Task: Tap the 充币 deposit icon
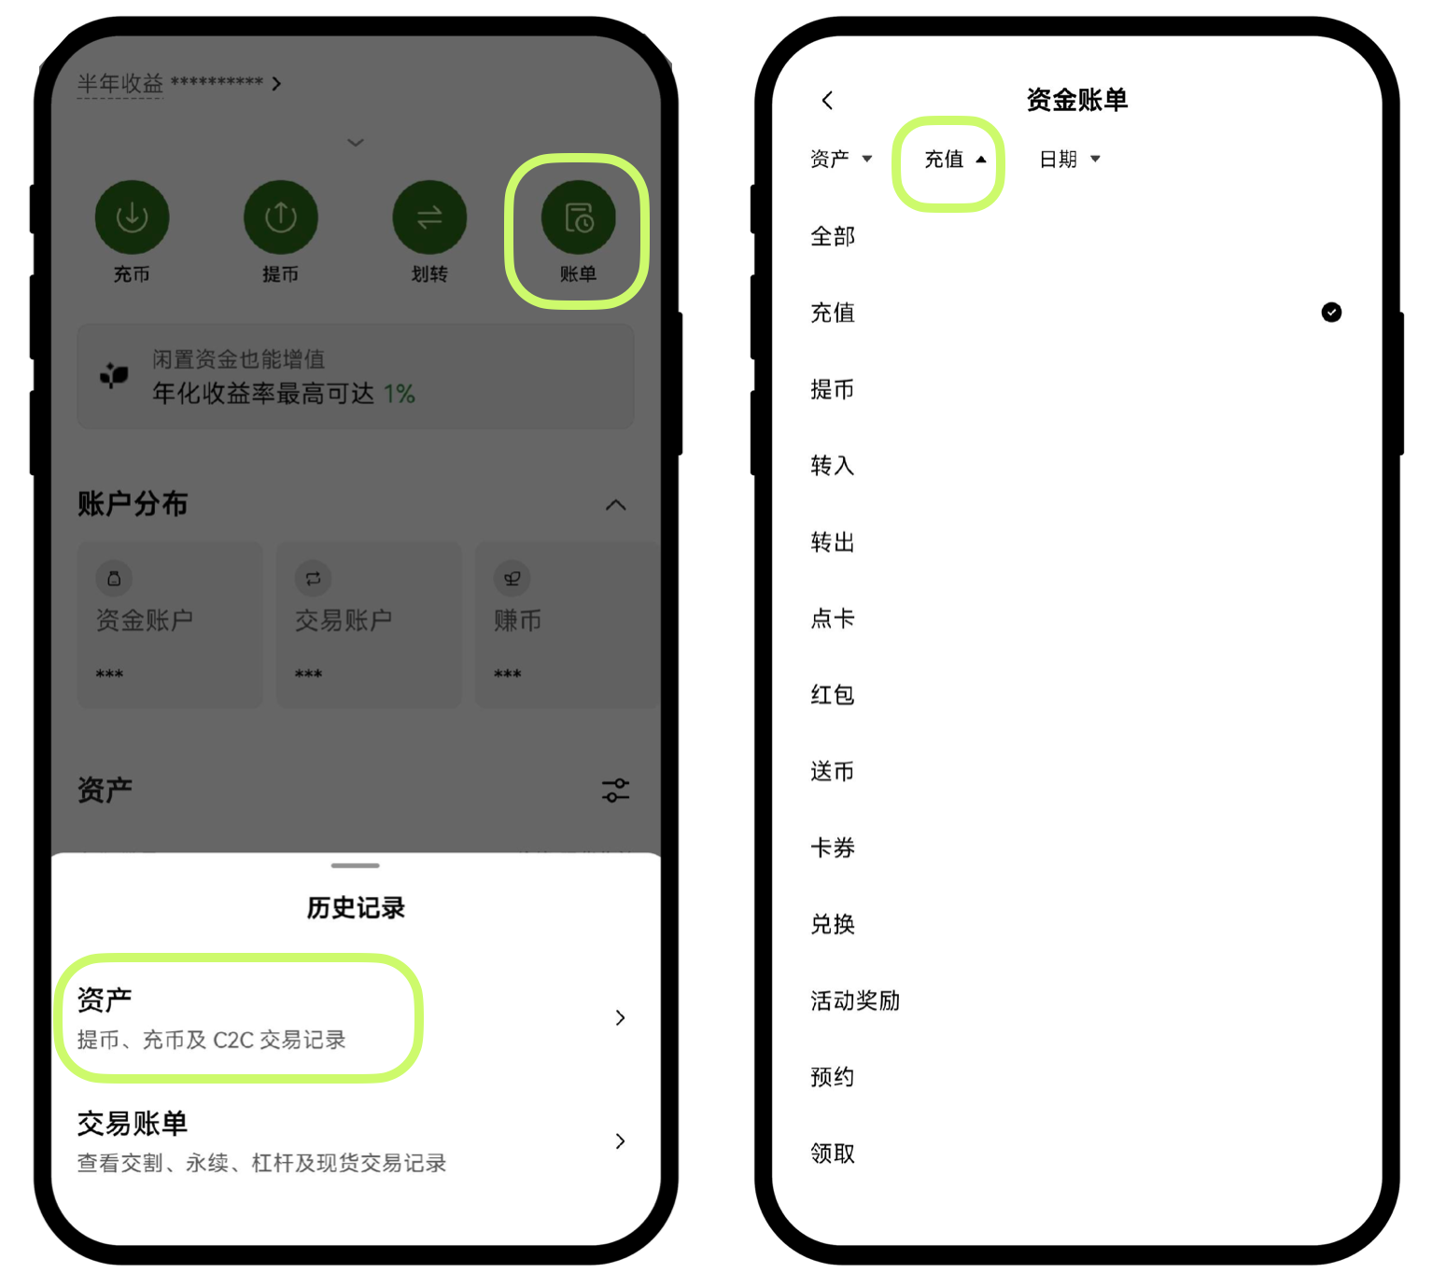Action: [x=133, y=217]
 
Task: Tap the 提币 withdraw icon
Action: [x=281, y=217]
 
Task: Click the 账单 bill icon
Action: [x=578, y=217]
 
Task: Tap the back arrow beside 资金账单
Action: [x=828, y=100]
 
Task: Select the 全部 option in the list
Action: [x=833, y=236]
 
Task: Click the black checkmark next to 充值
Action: [x=1331, y=313]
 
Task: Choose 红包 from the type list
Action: [x=833, y=694]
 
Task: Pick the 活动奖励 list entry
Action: [x=855, y=1000]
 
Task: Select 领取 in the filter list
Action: [x=833, y=1153]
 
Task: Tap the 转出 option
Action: [x=833, y=542]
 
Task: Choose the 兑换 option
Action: [x=833, y=924]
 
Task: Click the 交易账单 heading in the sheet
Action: [x=133, y=1123]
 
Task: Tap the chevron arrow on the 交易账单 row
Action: [x=620, y=1140]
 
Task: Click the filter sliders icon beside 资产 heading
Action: [x=615, y=790]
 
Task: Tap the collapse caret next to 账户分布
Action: [x=615, y=505]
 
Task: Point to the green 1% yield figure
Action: [x=400, y=394]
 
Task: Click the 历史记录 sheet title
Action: [x=356, y=907]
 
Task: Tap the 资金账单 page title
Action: [x=1076, y=100]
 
